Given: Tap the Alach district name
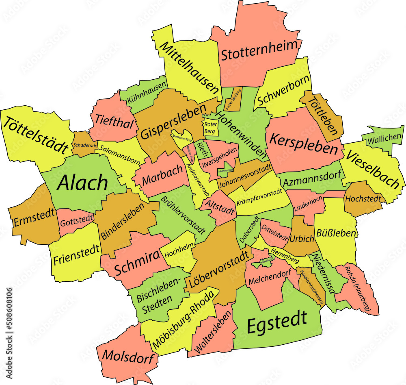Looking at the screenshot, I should click(x=82, y=183).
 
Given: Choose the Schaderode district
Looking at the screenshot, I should click(x=84, y=145).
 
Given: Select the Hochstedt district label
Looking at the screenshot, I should click(x=363, y=199).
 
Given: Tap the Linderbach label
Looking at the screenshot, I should click(x=306, y=202).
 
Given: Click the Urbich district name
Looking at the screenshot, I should click(x=302, y=238).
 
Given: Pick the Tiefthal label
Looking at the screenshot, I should click(x=114, y=120).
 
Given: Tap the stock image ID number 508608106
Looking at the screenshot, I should click(x=9, y=313).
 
